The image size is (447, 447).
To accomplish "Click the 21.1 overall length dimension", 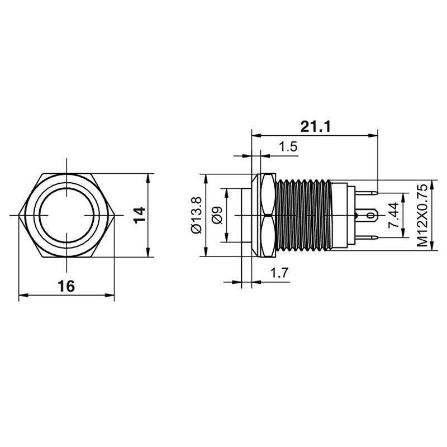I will click(x=316, y=126).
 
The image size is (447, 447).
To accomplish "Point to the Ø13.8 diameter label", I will click(x=195, y=215).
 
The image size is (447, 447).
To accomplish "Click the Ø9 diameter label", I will click(x=217, y=215).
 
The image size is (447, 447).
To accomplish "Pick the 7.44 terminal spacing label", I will click(x=393, y=215).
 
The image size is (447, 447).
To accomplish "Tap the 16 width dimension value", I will click(x=66, y=286).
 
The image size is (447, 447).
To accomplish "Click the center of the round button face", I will click(x=67, y=215).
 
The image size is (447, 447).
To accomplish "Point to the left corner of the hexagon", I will click(x=20, y=215).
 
